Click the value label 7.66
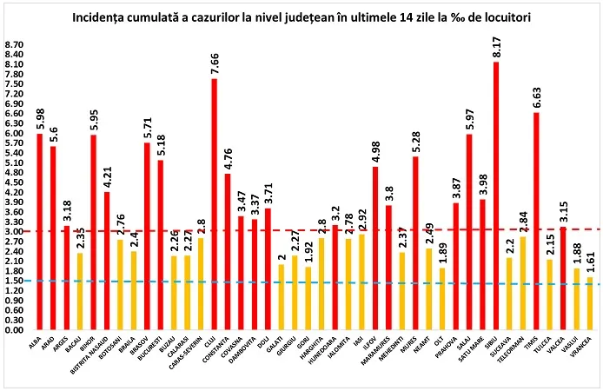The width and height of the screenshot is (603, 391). coord(214,64)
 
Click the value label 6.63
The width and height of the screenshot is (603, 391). coord(535,98)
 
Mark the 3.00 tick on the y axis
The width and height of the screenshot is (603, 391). coord(15,232)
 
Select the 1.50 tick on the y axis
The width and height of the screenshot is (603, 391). coord(15,281)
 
